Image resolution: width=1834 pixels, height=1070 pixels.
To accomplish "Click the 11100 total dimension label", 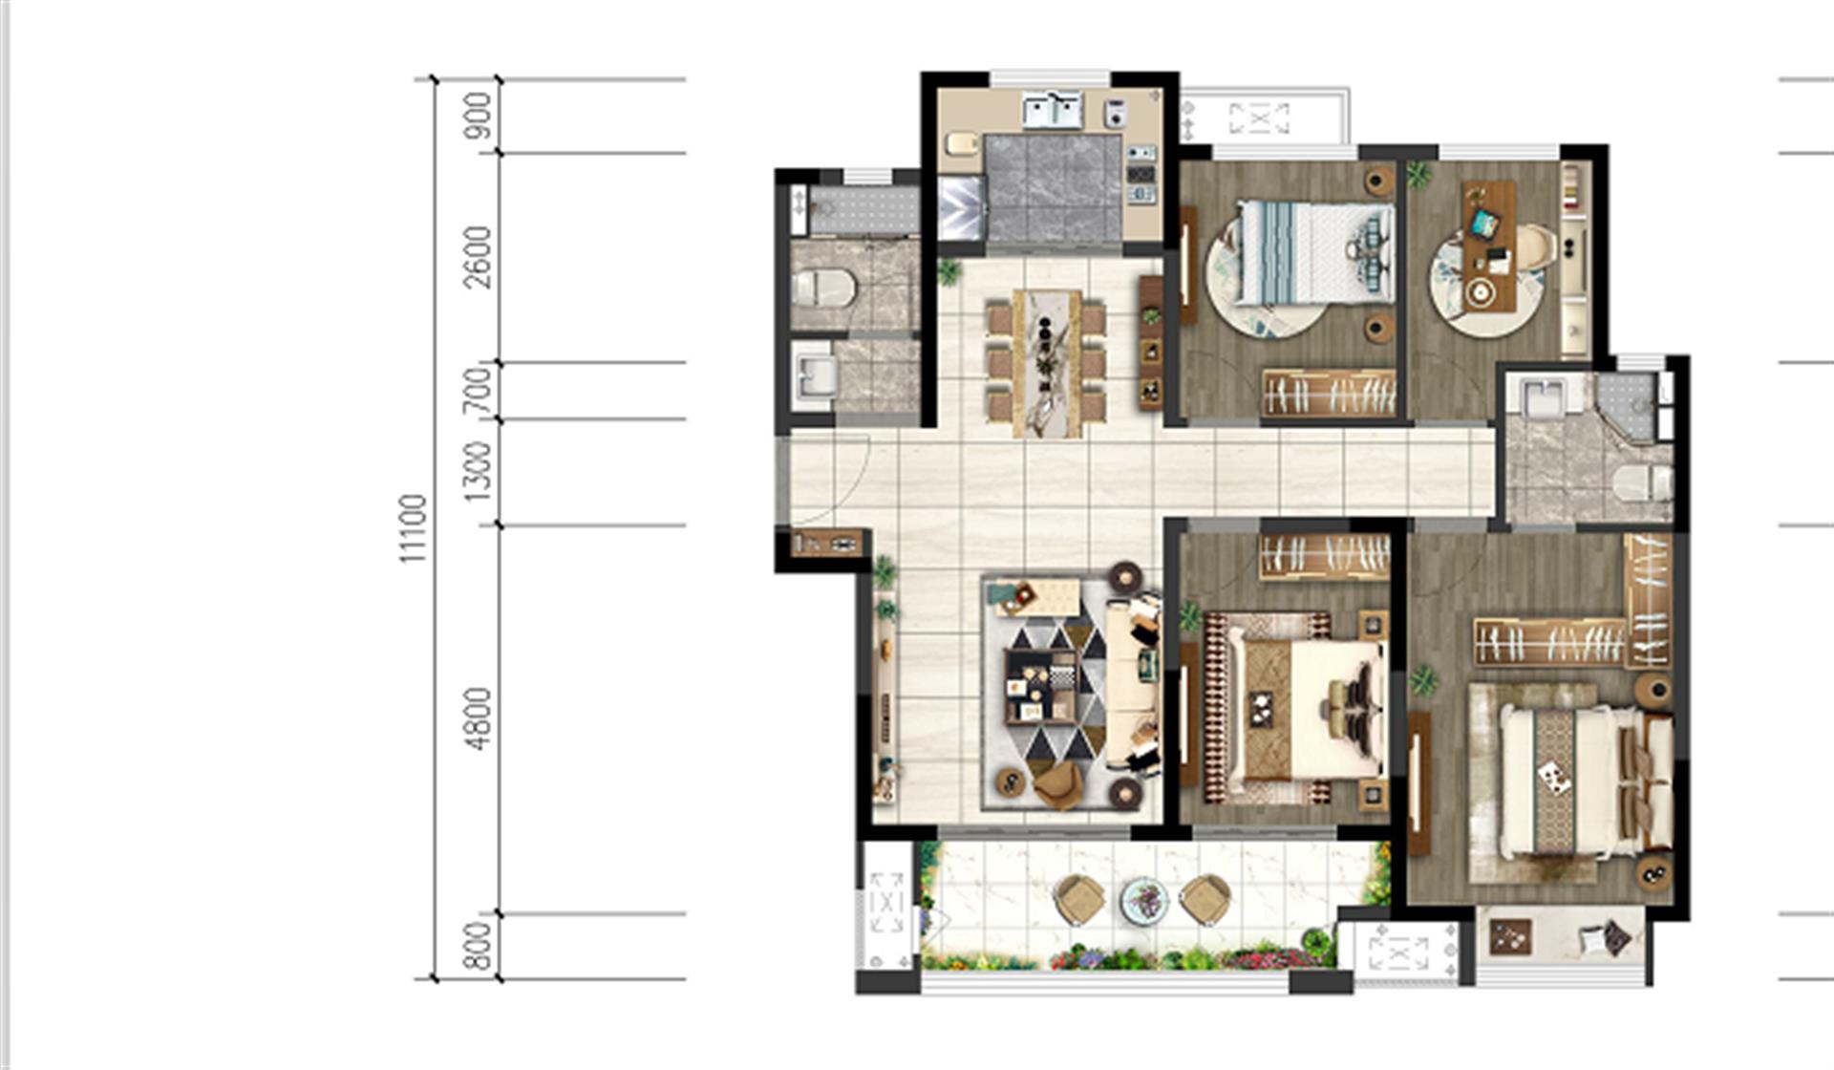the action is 413,528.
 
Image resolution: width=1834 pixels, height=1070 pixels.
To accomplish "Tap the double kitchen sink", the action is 1052,110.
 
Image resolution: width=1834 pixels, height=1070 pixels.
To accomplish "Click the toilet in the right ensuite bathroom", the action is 1642,482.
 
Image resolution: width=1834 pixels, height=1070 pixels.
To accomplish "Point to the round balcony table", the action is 1143,900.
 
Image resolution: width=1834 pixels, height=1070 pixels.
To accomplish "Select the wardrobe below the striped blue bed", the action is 1329,394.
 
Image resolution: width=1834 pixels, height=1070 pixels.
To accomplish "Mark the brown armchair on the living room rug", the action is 1058,784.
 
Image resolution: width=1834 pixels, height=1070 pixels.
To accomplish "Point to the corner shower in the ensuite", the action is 1625,406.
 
